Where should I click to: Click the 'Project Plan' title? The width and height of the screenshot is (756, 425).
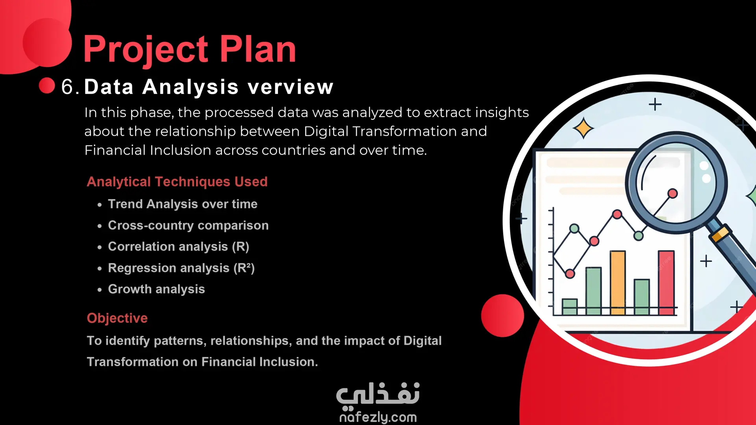click(x=189, y=50)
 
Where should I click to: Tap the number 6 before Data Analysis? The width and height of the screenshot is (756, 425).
click(x=67, y=87)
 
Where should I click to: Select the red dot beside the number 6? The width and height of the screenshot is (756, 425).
click(x=47, y=85)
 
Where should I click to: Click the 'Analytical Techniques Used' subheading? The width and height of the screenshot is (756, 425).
click(x=177, y=181)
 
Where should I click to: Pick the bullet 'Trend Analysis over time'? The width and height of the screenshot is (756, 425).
click(x=183, y=204)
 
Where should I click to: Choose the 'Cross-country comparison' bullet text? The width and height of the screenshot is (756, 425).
click(x=188, y=225)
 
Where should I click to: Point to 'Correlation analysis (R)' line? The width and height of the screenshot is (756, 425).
click(x=179, y=246)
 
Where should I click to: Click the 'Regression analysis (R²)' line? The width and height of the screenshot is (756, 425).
click(x=181, y=268)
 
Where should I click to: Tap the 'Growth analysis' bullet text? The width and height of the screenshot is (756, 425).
click(x=156, y=289)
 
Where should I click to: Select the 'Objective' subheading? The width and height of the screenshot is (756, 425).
click(x=117, y=318)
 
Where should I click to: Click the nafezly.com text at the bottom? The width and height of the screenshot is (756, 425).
click(x=378, y=417)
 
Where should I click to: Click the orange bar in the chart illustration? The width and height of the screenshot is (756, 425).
click(x=618, y=283)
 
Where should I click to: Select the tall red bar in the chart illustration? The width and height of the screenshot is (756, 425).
click(x=666, y=283)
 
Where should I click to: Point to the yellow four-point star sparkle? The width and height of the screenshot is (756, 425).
click(x=583, y=128)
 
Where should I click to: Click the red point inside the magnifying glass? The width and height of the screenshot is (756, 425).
click(x=673, y=193)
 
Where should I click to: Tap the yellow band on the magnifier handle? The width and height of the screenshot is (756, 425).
click(x=720, y=234)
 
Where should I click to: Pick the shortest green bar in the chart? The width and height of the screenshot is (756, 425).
click(x=570, y=307)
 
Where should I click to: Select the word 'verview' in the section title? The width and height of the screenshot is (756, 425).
click(x=291, y=87)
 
